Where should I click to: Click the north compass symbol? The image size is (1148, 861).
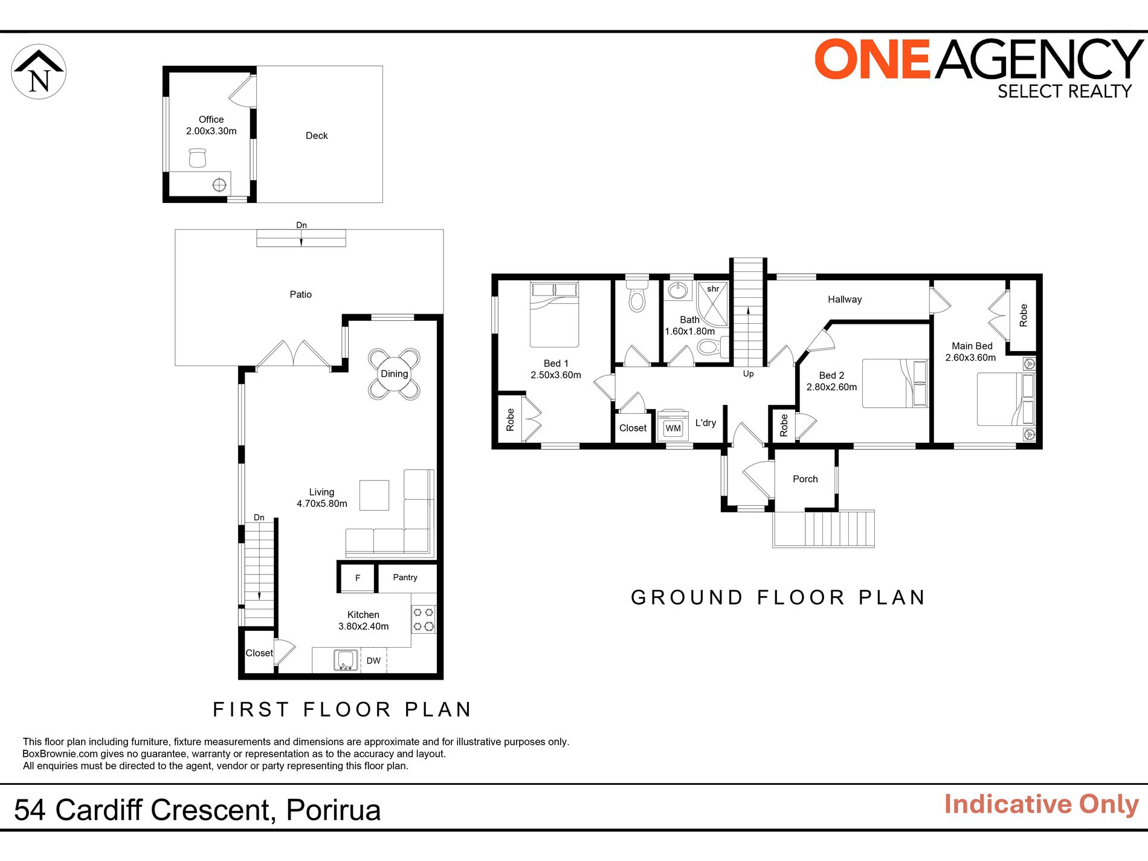(x=39, y=71)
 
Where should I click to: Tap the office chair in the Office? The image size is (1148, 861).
(x=198, y=158)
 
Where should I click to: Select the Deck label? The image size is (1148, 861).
(x=317, y=136)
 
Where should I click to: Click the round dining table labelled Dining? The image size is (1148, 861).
(x=394, y=374)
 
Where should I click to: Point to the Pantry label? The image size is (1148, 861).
(x=405, y=578)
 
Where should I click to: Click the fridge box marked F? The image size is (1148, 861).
(x=358, y=578)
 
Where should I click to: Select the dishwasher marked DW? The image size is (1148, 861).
(x=373, y=660)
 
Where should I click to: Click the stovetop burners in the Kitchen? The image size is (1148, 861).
(x=424, y=619)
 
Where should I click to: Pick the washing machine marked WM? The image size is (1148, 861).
(x=672, y=428)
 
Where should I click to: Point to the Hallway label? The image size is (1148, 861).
(x=845, y=300)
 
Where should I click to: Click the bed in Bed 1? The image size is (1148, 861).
(x=554, y=314)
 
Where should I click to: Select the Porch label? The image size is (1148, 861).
(x=805, y=479)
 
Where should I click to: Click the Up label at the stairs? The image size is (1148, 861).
(x=748, y=374)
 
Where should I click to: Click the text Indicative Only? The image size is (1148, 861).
(x=1041, y=805)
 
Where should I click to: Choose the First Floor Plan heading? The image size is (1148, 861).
(x=342, y=709)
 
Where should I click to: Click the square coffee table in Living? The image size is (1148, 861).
(x=374, y=495)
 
